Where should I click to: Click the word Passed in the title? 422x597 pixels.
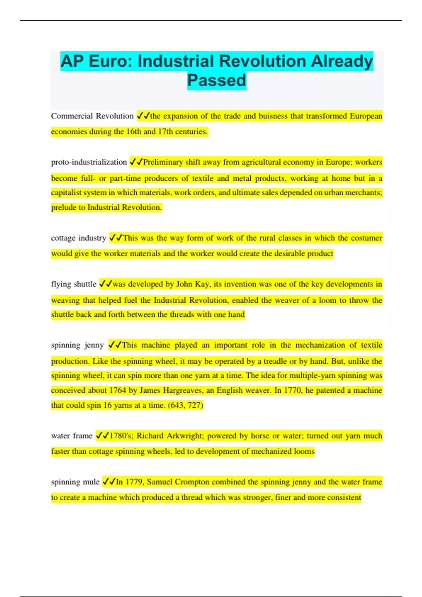click(216, 80)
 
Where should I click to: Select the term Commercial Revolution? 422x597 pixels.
click(92, 116)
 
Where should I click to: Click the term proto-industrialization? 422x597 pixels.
click(89, 162)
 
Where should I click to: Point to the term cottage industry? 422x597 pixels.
click(78, 238)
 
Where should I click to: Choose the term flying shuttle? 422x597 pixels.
click(73, 284)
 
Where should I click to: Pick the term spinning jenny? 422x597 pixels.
click(77, 345)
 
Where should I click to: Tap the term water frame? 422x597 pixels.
click(71, 436)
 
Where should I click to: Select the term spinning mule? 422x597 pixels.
click(75, 482)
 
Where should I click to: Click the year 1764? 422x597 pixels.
click(117, 391)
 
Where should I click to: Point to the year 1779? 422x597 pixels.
click(134, 482)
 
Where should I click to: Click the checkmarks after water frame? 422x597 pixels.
click(102, 436)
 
